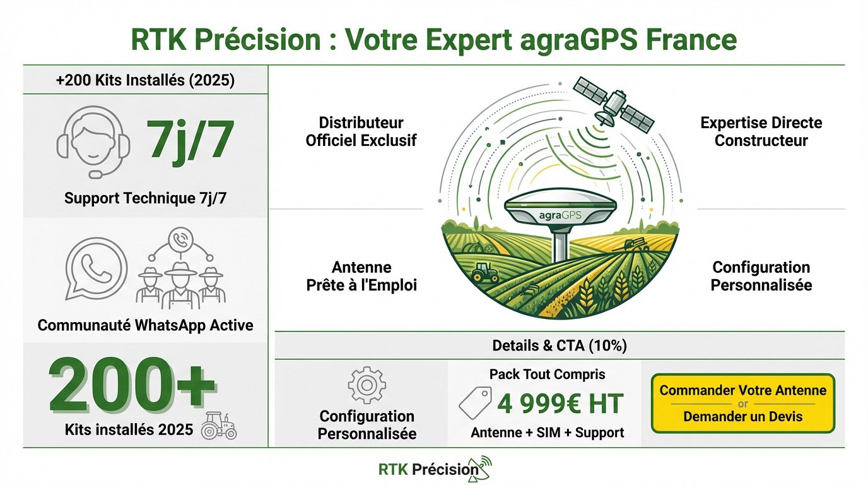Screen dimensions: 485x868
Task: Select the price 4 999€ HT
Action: pos(560,404)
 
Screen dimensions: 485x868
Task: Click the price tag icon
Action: pos(475,402)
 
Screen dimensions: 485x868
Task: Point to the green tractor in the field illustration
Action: pos(484,272)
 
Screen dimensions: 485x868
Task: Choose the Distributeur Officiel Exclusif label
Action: pos(361,131)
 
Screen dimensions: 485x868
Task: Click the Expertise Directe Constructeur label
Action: pos(761,131)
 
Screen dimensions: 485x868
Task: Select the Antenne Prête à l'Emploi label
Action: pos(361,276)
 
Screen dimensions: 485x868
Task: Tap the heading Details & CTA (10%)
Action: pos(560,346)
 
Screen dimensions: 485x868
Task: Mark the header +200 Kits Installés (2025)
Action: pos(146,80)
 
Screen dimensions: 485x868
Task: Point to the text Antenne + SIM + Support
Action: pos(547,433)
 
